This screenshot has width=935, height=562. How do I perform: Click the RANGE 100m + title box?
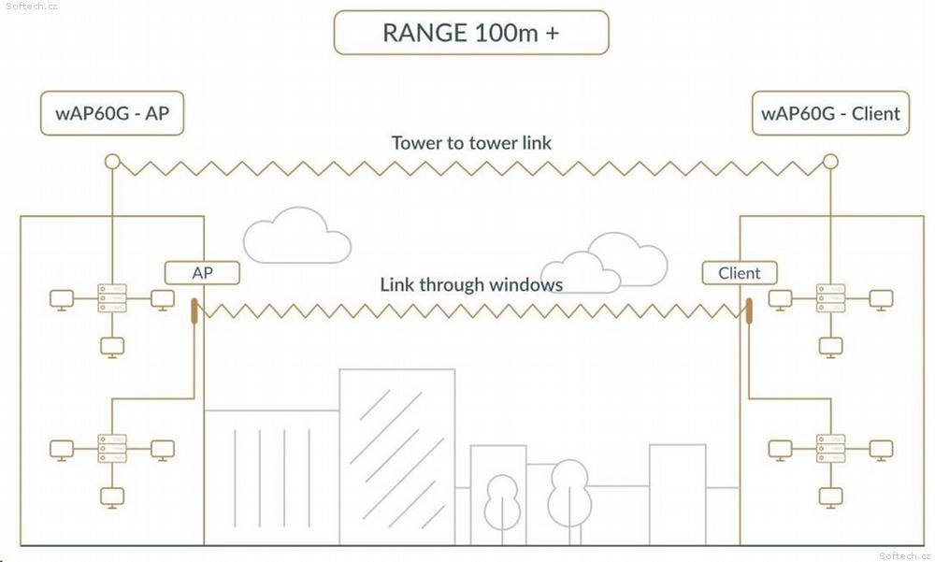471,33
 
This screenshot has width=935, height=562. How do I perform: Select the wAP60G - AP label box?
112,113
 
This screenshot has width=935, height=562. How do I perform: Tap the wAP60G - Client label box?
830,113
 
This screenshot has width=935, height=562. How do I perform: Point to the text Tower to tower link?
471,142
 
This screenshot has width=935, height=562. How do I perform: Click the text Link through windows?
471,284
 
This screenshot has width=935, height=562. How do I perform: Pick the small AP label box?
202,273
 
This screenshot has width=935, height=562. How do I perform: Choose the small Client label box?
740,273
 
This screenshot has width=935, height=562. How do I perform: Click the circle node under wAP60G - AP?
112,161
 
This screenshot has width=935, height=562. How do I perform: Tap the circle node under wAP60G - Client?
830,161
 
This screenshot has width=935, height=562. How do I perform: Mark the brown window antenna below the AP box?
194,310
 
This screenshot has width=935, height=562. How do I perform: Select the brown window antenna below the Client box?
749,310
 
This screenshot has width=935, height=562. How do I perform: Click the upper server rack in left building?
112,297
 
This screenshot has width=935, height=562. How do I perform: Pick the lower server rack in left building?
112,448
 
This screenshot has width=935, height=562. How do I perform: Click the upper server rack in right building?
830,297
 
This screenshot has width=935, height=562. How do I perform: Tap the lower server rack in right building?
830,448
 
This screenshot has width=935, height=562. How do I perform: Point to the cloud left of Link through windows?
297,236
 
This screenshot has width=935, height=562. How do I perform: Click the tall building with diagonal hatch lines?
397,456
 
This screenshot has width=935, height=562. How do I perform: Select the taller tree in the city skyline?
569,501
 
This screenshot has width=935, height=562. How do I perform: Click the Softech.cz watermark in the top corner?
31,6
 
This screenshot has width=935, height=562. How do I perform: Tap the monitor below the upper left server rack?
112,347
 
